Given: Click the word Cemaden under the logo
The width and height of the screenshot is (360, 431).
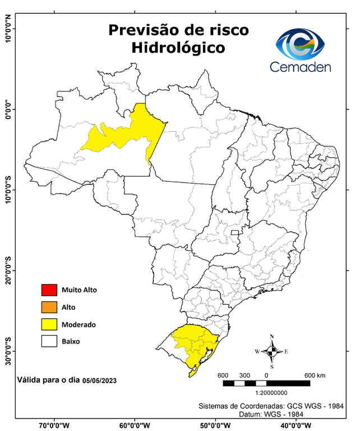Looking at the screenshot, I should tap(301, 67).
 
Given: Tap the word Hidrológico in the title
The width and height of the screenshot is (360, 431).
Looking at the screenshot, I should tap(178, 48).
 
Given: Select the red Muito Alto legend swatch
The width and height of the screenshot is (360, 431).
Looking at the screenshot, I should tap(49, 290).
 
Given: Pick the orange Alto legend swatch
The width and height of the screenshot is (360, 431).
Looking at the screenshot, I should tap(49, 307).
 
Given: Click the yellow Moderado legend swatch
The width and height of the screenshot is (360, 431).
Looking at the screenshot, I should tap(49, 324).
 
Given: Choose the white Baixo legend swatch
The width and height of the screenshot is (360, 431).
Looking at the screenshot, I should tap(49, 341).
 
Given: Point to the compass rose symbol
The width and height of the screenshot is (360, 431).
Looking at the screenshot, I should tap(271, 351).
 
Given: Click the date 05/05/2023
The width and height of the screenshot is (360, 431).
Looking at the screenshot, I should tap(99, 380).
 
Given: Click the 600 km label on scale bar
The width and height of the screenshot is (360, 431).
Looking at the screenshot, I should tap(315, 375).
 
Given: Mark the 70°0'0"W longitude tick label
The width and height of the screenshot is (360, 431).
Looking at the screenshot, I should tap(54, 425).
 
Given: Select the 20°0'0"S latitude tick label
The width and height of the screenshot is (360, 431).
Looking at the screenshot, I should tap(8, 272).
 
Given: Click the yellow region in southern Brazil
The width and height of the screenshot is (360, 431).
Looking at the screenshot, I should tap(193, 343).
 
